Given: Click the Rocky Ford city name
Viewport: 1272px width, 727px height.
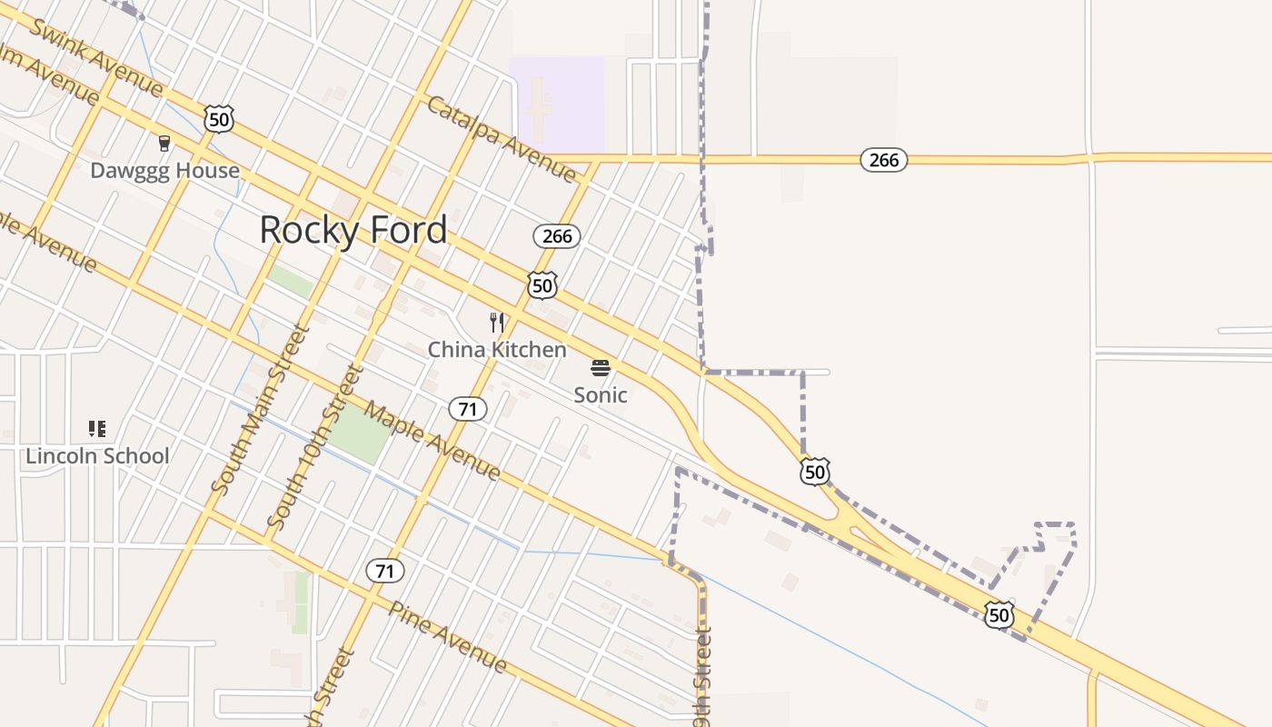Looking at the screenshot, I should [x=353, y=230].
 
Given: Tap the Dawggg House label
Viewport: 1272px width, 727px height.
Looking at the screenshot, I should [x=164, y=170].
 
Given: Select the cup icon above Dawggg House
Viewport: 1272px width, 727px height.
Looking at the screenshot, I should [x=164, y=143].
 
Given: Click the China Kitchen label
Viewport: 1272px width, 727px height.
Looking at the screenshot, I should [x=496, y=349].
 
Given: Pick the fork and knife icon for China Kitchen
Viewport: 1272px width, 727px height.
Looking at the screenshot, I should [x=496, y=322].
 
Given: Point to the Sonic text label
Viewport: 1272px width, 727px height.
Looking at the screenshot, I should [x=600, y=394].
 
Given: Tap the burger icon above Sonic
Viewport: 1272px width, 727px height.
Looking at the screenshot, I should [x=600, y=367].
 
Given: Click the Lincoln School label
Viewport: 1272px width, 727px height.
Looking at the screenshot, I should [x=97, y=455].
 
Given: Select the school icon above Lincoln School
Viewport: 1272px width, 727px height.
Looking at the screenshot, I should [x=97, y=428].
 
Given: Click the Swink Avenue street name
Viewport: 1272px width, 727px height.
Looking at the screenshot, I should [x=96, y=55].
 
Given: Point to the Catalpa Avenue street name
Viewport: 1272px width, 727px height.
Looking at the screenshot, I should [x=502, y=138].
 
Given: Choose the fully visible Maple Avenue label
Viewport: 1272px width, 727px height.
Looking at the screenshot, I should [x=432, y=443].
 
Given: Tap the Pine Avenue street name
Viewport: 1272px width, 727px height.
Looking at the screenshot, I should [x=448, y=636].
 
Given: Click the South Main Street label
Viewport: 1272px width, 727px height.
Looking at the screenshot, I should [x=261, y=409].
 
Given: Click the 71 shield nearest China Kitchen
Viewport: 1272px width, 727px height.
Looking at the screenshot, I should [x=467, y=409].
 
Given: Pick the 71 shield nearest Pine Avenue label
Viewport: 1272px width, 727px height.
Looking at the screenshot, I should [x=385, y=571].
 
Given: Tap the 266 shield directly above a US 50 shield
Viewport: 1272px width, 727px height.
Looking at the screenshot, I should [x=556, y=236].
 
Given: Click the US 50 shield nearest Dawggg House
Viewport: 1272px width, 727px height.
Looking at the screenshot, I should [x=218, y=119].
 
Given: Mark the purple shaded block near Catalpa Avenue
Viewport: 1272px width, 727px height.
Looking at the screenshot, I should [x=556, y=103].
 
